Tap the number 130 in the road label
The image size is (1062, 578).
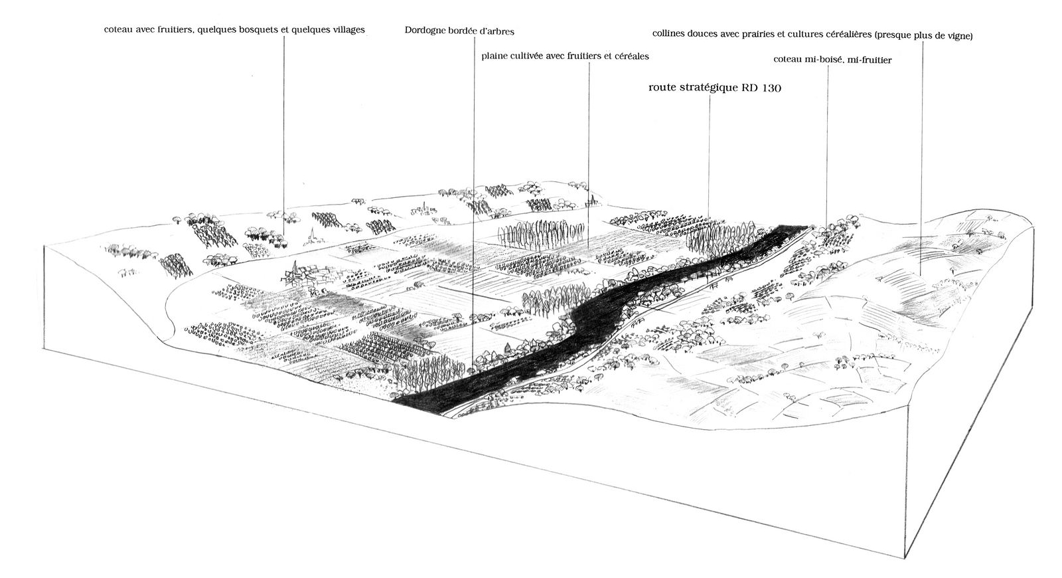pyautogui.click(x=768, y=87)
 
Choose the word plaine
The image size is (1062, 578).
pyautogui.click(x=496, y=56)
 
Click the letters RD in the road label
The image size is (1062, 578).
pyautogui.click(x=749, y=87)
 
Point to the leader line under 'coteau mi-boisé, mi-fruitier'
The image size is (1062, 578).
pyautogui.click(x=827, y=146)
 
